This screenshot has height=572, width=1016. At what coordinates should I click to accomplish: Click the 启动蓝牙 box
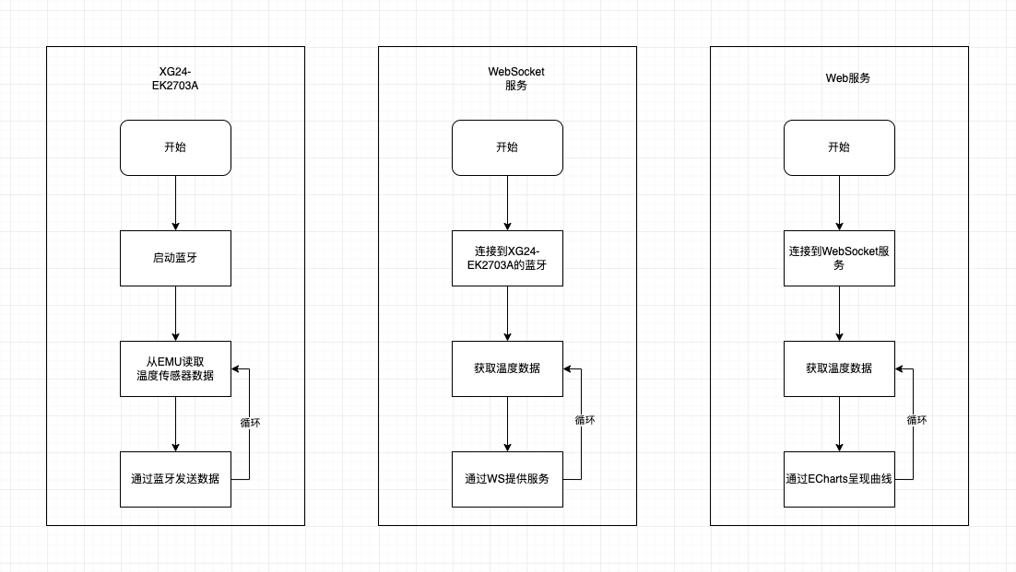pyautogui.click(x=175, y=258)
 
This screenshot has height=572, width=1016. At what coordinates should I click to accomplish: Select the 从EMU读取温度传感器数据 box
pyautogui.click(x=175, y=368)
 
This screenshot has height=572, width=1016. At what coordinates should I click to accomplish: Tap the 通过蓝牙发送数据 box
pyautogui.click(x=175, y=479)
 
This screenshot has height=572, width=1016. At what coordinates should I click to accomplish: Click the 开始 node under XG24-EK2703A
pyautogui.click(x=175, y=147)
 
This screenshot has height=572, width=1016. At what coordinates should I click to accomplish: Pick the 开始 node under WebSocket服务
pyautogui.click(x=507, y=147)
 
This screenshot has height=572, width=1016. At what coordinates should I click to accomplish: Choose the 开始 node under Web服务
pyautogui.click(x=839, y=147)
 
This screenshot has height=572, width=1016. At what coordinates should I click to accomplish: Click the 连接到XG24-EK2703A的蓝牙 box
pyautogui.click(x=507, y=258)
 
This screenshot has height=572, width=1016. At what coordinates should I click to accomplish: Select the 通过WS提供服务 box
pyautogui.click(x=507, y=479)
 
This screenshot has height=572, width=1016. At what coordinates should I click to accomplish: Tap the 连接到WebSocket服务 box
pyautogui.click(x=839, y=258)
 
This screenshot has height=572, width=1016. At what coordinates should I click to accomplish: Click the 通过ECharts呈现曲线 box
pyautogui.click(x=839, y=479)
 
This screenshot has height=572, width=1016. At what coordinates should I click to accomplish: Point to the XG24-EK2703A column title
pyautogui.click(x=175, y=79)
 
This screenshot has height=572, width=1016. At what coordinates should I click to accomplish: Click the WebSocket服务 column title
pyautogui.click(x=516, y=79)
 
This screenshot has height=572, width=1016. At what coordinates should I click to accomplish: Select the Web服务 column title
pyautogui.click(x=847, y=78)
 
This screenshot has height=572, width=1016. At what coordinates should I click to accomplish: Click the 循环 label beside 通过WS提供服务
pyautogui.click(x=585, y=420)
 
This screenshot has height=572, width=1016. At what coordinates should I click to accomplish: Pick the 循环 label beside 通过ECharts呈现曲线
pyautogui.click(x=916, y=420)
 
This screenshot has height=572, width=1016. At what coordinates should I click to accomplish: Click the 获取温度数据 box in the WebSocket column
pyautogui.click(x=507, y=368)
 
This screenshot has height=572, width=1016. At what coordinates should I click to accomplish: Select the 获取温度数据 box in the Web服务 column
pyautogui.click(x=839, y=368)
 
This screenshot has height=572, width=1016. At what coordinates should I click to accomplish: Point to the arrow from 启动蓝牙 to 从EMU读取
pyautogui.click(x=175, y=313)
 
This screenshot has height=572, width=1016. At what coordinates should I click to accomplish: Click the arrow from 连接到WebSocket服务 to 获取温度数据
pyautogui.click(x=839, y=313)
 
